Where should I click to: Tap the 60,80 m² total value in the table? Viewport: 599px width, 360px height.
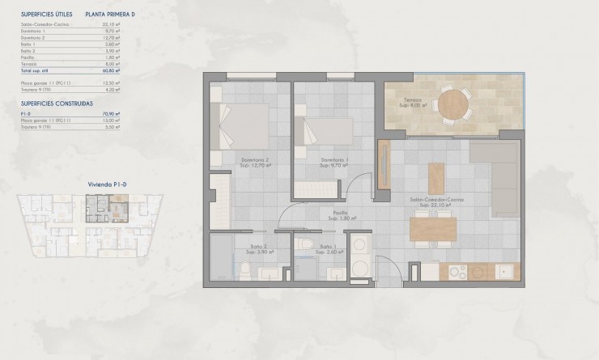(112, 70)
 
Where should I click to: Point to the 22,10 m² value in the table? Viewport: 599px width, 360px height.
(112, 24)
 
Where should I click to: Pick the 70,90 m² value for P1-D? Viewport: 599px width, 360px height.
(112, 114)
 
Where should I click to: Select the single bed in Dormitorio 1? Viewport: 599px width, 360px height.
(325, 129)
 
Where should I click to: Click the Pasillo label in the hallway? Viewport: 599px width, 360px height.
(338, 214)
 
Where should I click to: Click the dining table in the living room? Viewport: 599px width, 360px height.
(431, 230)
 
